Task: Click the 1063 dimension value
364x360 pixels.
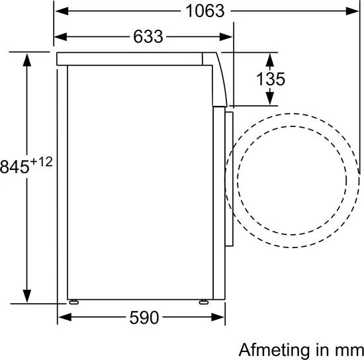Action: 205,11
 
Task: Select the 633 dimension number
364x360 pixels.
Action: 148,36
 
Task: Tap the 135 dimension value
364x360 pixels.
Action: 271,79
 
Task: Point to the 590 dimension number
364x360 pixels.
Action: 144,317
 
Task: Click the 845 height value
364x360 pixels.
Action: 15,167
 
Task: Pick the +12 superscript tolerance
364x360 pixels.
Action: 41,161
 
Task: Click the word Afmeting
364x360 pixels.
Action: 275,350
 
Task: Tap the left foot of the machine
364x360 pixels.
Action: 74,302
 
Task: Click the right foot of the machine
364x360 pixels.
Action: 204,302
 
